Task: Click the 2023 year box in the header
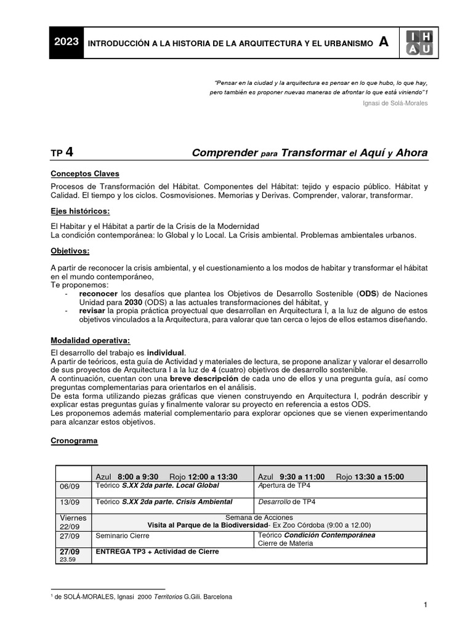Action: pos(66,42)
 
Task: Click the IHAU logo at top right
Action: pos(419,43)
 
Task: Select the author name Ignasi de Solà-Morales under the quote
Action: pos(396,103)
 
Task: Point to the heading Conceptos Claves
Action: pos(85,174)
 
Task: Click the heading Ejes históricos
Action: pos(80,211)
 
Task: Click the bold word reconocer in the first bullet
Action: pos(99,294)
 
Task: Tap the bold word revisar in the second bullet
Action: pos(92,311)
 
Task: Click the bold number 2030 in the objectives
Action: pos(133,303)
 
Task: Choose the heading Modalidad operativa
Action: pos(90,340)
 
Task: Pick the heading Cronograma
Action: pos(74,441)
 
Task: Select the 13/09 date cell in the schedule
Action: pos(69,502)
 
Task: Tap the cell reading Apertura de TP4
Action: pos(284,485)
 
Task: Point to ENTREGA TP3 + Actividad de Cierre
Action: pos(157,552)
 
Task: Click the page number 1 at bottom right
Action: pos(426,605)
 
